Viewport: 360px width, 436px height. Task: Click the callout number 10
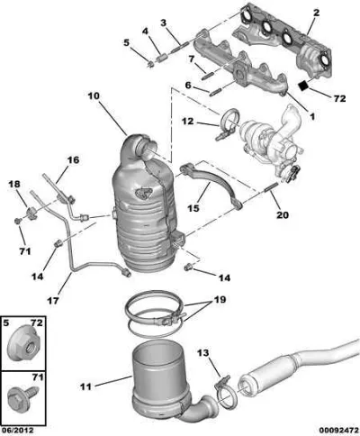tap(94, 96)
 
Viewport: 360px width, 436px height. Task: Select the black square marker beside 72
tap(304, 85)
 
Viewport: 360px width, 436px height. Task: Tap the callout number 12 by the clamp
tap(188, 122)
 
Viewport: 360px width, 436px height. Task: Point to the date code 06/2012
tap(17, 431)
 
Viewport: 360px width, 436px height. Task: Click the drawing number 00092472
tap(338, 431)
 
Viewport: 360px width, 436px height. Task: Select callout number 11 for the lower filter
tap(85, 386)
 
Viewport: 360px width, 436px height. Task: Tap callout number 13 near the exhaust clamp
tap(202, 352)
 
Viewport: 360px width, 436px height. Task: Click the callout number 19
tap(220, 299)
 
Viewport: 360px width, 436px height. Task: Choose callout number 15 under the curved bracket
tap(193, 208)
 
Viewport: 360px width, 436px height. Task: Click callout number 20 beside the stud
tap(282, 214)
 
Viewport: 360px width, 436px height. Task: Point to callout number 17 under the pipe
tap(53, 300)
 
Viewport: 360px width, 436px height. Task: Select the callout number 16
tap(73, 159)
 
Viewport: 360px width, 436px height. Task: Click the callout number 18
tap(13, 184)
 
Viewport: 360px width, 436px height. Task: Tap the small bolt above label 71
tap(18, 222)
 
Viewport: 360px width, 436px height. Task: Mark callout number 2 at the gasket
tap(316, 13)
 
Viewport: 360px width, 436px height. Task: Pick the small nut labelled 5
tap(151, 63)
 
